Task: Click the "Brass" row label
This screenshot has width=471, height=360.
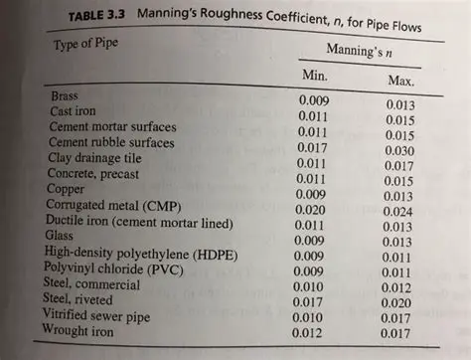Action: (66, 96)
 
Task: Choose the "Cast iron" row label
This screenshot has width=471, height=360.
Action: (74, 111)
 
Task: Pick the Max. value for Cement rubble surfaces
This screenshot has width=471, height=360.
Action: (403, 152)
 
